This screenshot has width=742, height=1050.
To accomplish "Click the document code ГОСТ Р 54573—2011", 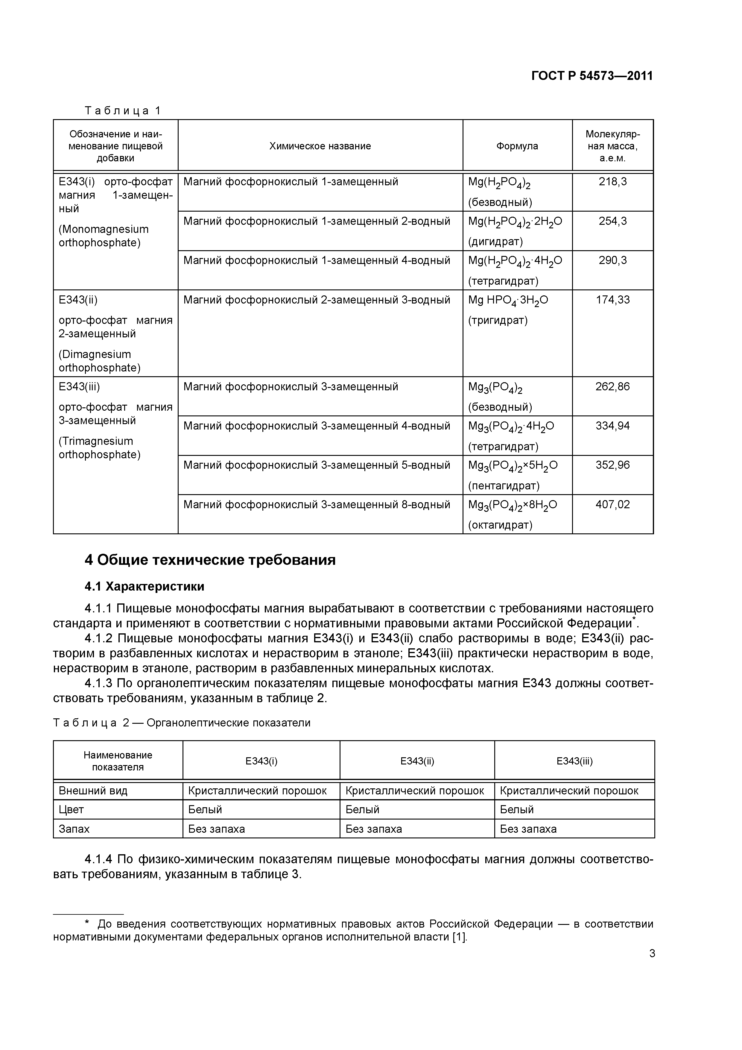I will coord(592,76).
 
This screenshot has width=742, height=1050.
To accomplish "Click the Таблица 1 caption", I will coord(123,111).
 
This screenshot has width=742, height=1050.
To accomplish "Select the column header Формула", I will coord(517,146).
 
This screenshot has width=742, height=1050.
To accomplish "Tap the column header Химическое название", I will coord(320,146).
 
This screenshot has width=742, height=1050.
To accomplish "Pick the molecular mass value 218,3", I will coord(613,182).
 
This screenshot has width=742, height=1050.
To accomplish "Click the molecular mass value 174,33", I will coord(613,300).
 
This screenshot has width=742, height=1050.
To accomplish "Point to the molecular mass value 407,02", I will coord(613,504).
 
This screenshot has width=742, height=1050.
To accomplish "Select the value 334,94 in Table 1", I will coord(613,426).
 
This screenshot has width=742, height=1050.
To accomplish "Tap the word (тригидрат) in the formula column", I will coord(498,320).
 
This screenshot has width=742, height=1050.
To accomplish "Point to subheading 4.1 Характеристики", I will coord(145,586).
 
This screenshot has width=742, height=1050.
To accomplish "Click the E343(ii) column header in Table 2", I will coord(417,761).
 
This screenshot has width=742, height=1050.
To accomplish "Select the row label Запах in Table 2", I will coord(74,829).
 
